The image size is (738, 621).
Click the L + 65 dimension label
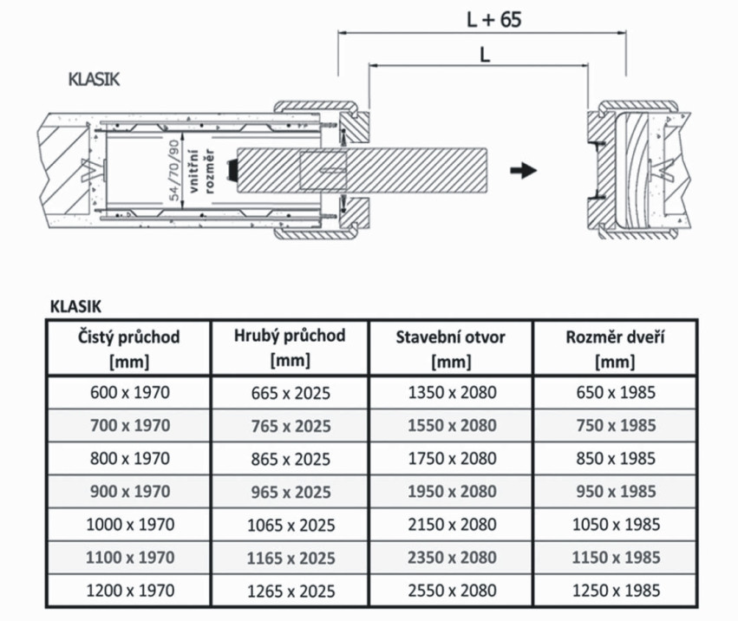coord(493,19)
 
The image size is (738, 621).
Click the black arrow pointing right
coord(522,170)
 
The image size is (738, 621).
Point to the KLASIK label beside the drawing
coord(94,80)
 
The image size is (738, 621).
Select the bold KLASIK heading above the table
coord(75,305)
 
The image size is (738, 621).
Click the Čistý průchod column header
coord(129,347)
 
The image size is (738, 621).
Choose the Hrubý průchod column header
coord(290,346)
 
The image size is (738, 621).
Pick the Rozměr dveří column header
coord(614,347)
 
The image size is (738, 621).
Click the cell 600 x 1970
coord(130,392)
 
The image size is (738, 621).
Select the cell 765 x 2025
coord(291,426)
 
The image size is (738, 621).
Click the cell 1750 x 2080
coord(451,458)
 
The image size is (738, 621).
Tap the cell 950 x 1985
coord(615,491)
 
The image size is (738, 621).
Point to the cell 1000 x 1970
coord(130,524)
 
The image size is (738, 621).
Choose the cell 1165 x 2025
coord(291,558)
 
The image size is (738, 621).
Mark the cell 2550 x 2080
coord(451,590)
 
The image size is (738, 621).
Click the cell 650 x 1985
coord(615,392)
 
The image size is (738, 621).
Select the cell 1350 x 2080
coord(451,392)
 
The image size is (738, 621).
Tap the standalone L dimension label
coord(484,54)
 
